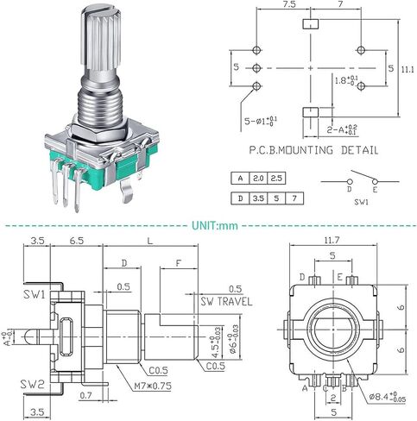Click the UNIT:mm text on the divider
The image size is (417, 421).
[215, 225]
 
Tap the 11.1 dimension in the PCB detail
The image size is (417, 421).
[408, 69]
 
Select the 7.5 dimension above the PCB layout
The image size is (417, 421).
[288, 4]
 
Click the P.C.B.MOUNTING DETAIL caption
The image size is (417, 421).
[313, 150]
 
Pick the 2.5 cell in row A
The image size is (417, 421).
[276, 179]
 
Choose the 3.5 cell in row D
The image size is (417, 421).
[258, 198]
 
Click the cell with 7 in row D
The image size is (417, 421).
[294, 198]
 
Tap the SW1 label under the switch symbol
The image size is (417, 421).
[361, 202]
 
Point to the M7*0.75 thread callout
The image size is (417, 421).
[153, 386]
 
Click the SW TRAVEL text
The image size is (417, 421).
[226, 301]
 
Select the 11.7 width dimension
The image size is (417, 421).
[332, 240]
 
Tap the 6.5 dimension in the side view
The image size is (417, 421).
[77, 241]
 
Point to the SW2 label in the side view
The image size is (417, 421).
[32, 385]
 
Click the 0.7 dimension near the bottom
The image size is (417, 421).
[85, 396]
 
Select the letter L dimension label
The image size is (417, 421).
[150, 241]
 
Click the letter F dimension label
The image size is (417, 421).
[179, 263]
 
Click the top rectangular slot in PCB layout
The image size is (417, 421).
[311, 23]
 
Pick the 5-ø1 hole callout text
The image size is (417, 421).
[261, 121]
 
